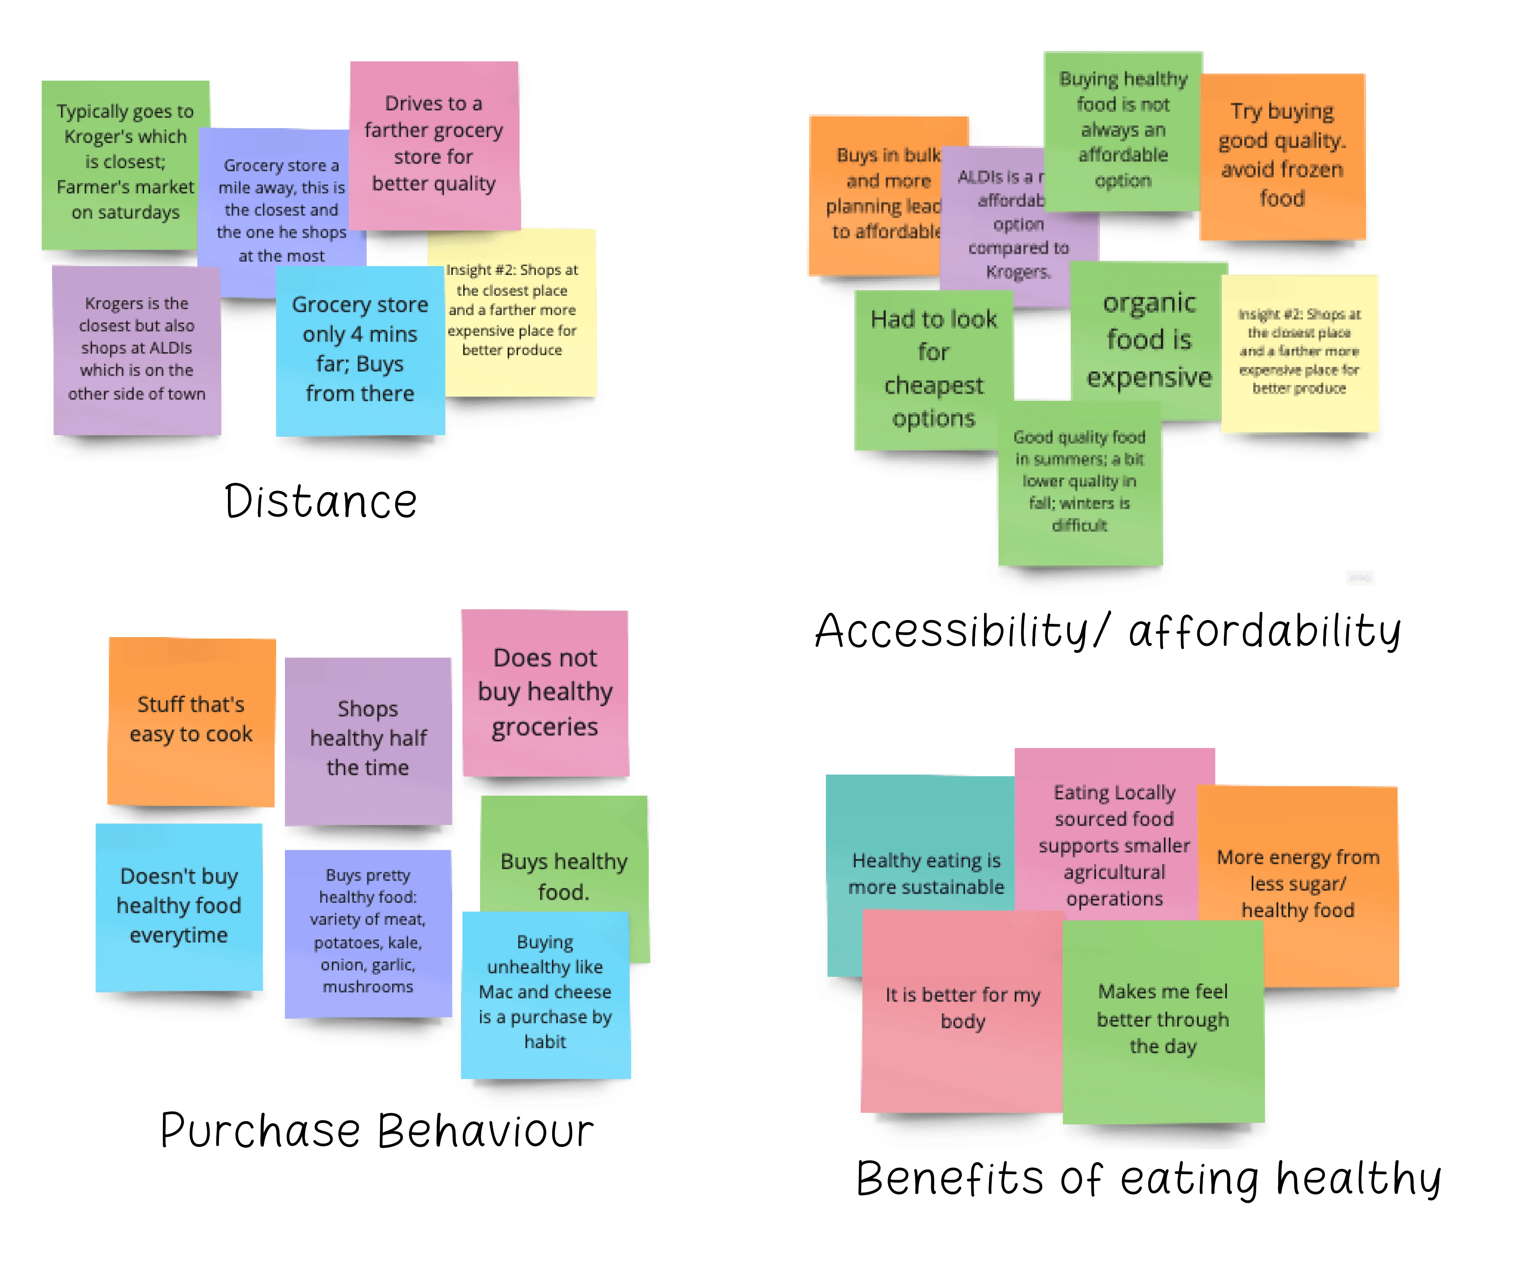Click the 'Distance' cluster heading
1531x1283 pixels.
tap(321, 502)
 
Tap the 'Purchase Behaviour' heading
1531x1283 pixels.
tap(377, 1130)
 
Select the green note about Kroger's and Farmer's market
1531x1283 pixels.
tap(125, 162)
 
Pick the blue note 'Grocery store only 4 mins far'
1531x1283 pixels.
tap(360, 349)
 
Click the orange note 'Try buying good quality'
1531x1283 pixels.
tap(1283, 155)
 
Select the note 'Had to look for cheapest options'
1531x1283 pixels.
tap(933, 369)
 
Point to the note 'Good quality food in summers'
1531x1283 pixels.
tap(1079, 481)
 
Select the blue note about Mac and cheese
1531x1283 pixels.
tap(545, 992)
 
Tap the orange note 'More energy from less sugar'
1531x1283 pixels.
tap(1298, 884)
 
